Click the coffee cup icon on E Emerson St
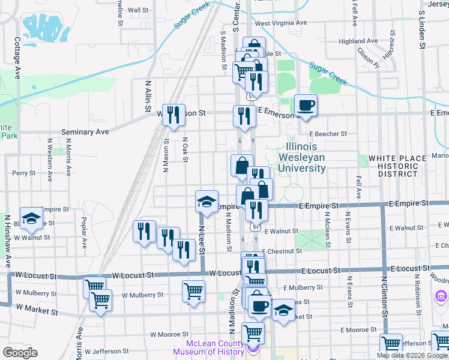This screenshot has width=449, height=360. click(306, 106)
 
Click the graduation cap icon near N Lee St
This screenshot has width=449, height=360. click(206, 202)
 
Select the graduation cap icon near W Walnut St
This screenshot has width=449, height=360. click(31, 219)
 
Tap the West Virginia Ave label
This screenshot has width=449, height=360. click(281, 24)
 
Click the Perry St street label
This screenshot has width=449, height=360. click(24, 173)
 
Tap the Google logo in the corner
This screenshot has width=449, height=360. click(20, 353)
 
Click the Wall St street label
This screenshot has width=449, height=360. click(138, 10)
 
